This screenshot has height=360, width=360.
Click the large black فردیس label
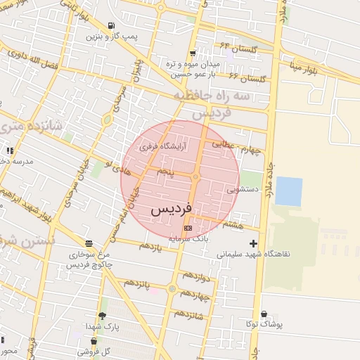[x=171, y=210]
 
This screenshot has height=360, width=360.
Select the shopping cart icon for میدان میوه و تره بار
[x=193, y=53]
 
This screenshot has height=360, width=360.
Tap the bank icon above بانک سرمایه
[x=187, y=228]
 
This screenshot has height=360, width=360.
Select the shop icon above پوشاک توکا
[x=264, y=314]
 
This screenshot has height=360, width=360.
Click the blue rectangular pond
[x=289, y=191]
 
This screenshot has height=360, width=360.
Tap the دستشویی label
[x=244, y=189]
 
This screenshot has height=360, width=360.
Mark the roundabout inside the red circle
[x=196, y=178]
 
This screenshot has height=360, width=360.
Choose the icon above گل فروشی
[x=94, y=342]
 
